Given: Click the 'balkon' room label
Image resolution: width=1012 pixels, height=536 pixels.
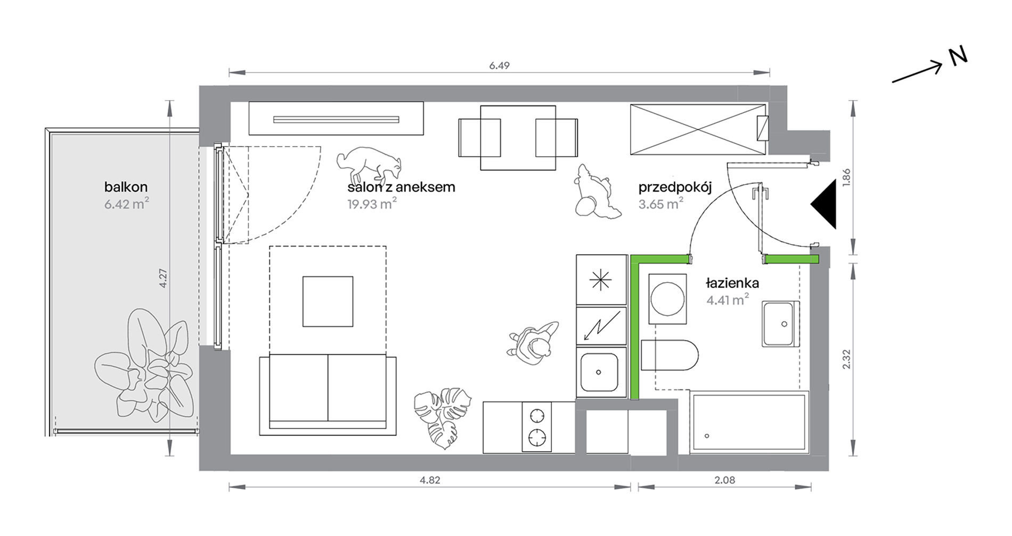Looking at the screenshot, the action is [126, 187].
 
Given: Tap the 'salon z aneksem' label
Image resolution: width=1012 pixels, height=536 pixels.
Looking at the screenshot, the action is [401, 187].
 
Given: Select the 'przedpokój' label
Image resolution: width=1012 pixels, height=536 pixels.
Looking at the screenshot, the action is [675, 187].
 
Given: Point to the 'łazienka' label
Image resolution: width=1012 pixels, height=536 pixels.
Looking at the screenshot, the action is [732, 283].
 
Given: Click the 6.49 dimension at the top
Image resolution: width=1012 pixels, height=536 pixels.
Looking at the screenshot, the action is [499, 65].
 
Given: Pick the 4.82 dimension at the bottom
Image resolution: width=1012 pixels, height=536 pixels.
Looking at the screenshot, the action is [430, 480].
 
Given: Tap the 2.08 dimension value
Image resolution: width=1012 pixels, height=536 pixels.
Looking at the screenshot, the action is [724, 480].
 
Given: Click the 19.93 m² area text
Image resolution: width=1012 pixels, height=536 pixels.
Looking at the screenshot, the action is [372, 204].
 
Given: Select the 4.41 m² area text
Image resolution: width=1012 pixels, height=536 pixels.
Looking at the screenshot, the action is [728, 300].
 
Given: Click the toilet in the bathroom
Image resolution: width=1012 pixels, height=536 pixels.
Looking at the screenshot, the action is [670, 355].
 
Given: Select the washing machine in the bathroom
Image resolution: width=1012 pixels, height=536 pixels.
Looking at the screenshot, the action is [667, 299].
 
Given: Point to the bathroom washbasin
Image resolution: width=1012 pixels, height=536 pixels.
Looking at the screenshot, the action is [781, 324].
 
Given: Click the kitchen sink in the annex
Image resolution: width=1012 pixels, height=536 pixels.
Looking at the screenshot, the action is [601, 372].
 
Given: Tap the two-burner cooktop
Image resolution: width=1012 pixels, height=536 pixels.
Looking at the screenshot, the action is [537, 427].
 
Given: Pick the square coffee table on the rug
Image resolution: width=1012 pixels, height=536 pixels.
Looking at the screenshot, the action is [328, 301].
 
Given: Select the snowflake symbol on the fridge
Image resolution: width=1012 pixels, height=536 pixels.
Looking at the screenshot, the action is [600, 279].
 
